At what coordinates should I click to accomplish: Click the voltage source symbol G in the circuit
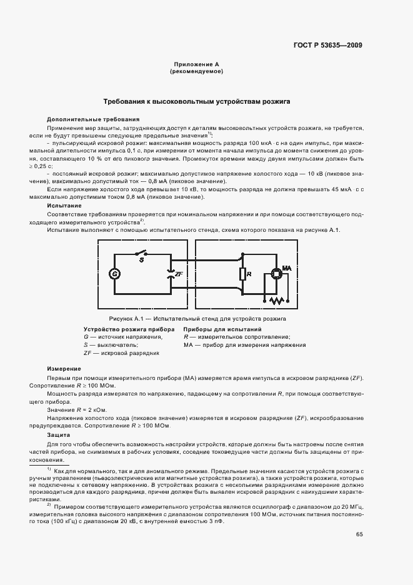click(114, 274)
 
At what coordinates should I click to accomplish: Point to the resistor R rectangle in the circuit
click(242, 274)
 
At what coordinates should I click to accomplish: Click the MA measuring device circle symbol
click(275, 274)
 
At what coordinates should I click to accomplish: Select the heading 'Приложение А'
click(196, 65)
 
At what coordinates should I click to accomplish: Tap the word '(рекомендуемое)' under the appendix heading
click(196, 72)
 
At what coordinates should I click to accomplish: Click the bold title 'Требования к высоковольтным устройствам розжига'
click(196, 101)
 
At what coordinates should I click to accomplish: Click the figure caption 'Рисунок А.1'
click(125, 319)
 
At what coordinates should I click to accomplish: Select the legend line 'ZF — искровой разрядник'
click(121, 353)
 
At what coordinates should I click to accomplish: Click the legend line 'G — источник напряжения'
click(122, 337)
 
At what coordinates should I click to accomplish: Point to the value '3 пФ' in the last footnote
click(215, 521)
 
